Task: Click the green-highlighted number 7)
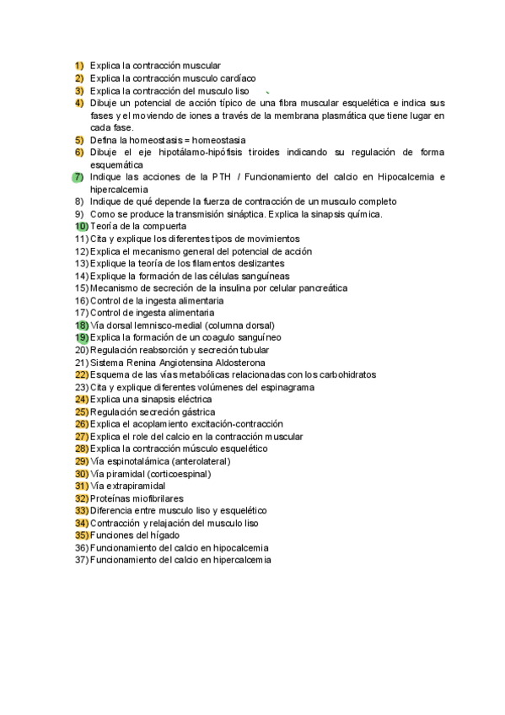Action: coord(78,177)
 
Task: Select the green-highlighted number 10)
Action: coord(81,227)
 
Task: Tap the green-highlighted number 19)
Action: coord(81,337)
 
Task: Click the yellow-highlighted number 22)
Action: coord(81,374)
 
